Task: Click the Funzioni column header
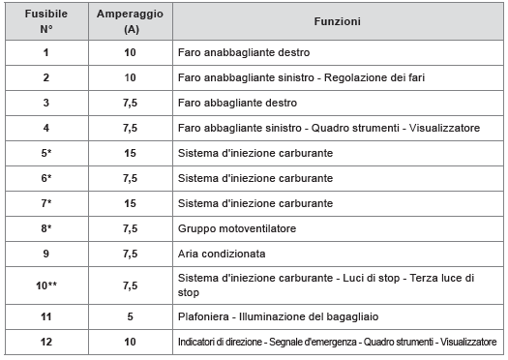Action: pos(338,21)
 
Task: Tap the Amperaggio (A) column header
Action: pos(131,21)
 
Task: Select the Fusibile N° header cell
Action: pos(45,21)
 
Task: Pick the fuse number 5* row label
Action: pos(45,153)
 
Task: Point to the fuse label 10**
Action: pos(45,285)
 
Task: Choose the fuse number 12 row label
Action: pos(45,342)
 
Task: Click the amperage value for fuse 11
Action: pos(131,316)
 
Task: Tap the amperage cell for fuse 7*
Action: pos(131,203)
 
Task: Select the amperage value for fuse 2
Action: pos(131,76)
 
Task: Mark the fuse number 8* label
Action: pos(45,229)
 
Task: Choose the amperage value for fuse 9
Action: pos(131,255)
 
